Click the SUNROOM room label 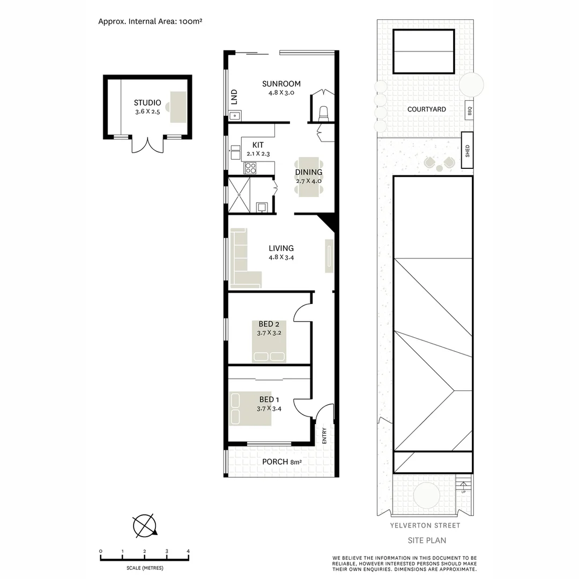(x=281, y=84)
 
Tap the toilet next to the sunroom (x=323, y=113)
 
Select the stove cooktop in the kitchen (x=250, y=168)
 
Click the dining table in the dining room (x=308, y=176)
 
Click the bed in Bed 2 (x=269, y=341)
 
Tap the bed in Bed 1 (x=250, y=409)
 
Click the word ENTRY (x=324, y=435)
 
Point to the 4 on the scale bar (x=188, y=551)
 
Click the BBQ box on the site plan (x=469, y=110)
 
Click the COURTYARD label (x=426, y=109)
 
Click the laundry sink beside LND (x=234, y=115)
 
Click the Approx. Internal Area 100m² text (x=150, y=22)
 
